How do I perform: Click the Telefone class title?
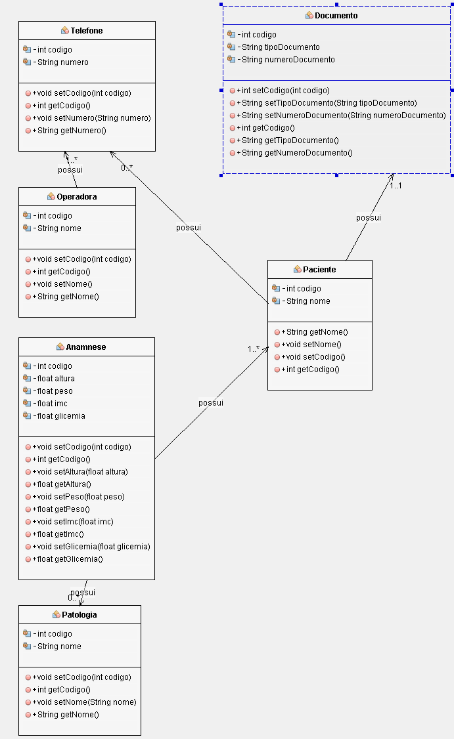[87, 31]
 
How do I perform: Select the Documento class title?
[336, 15]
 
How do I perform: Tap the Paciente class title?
[319, 269]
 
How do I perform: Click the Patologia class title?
[79, 615]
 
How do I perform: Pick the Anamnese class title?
[86, 347]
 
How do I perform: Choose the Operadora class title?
[77, 196]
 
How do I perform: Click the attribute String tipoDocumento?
[281, 47]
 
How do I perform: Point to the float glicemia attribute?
[61, 415]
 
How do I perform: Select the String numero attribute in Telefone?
[62, 62]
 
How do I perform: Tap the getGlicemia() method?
[68, 559]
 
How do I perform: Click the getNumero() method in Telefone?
[69, 131]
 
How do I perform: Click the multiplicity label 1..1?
[396, 186]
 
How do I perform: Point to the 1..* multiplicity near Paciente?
[254, 349]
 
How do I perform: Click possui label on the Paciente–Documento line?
[369, 218]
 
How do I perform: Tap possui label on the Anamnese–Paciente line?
[211, 402]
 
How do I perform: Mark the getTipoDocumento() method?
[290, 140]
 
